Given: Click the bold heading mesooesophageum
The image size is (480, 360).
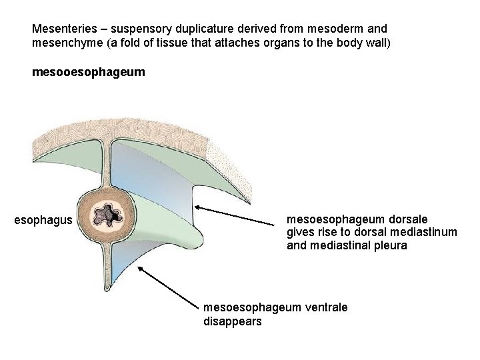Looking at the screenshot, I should click(x=87, y=71).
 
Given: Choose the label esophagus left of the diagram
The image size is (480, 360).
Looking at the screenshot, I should click(x=43, y=219).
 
